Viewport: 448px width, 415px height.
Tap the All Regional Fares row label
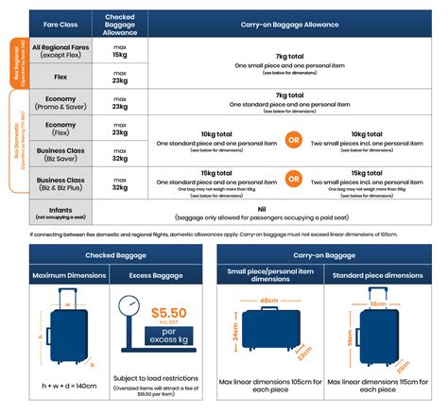61,51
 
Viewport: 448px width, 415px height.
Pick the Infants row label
61,213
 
